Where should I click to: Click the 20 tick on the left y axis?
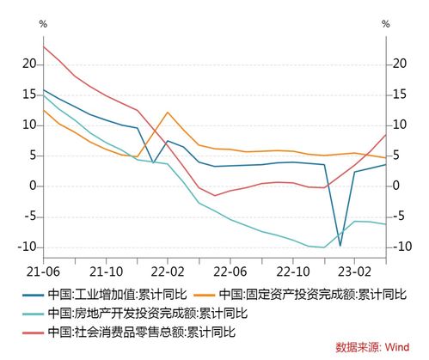28,64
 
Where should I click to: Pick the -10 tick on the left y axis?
27,247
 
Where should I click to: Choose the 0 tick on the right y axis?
397,186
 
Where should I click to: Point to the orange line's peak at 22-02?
168,113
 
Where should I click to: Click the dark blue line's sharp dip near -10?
340,246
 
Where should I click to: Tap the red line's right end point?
386,135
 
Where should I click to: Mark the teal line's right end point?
386,224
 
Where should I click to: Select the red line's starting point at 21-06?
43,46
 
